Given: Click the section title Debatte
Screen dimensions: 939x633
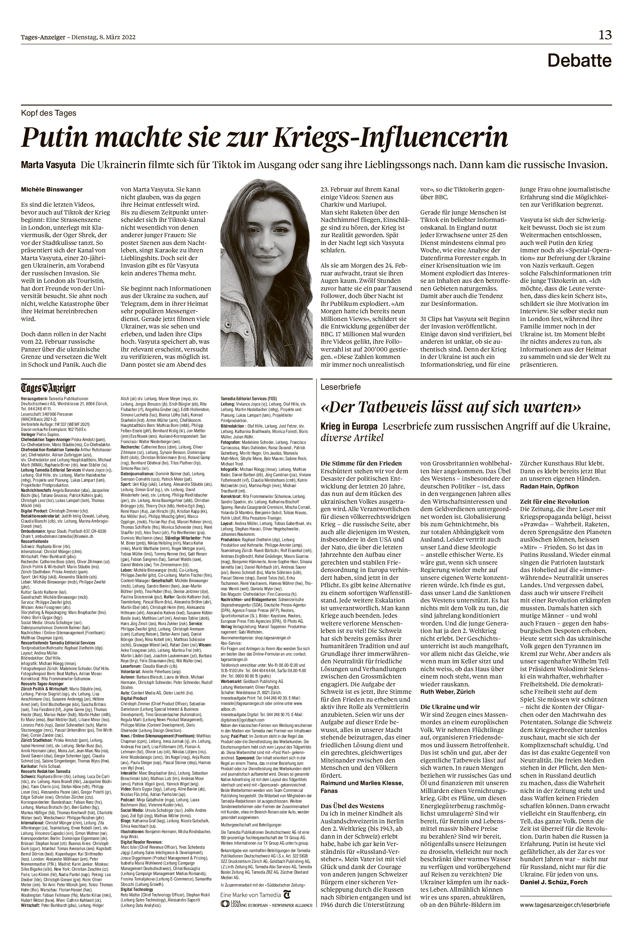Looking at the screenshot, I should [579, 61].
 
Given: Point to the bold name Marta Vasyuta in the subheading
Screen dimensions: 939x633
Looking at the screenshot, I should [48, 165].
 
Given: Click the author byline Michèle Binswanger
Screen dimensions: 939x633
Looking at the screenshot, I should [52, 189].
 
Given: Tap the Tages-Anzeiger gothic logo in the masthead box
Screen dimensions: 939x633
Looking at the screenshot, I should [48, 388].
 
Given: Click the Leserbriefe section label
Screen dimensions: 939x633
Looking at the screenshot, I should [340, 387].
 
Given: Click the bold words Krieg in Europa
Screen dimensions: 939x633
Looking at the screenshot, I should [349, 427].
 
